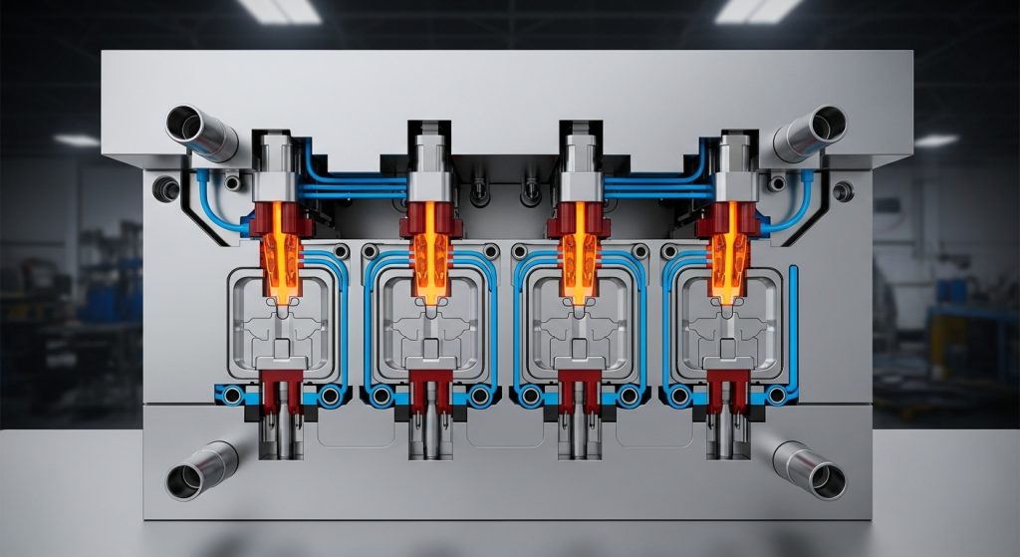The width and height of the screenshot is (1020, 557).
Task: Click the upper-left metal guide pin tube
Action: click(201, 132)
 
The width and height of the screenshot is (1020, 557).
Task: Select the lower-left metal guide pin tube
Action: click(202, 469)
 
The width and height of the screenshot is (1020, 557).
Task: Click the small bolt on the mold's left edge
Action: click(161, 185)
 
